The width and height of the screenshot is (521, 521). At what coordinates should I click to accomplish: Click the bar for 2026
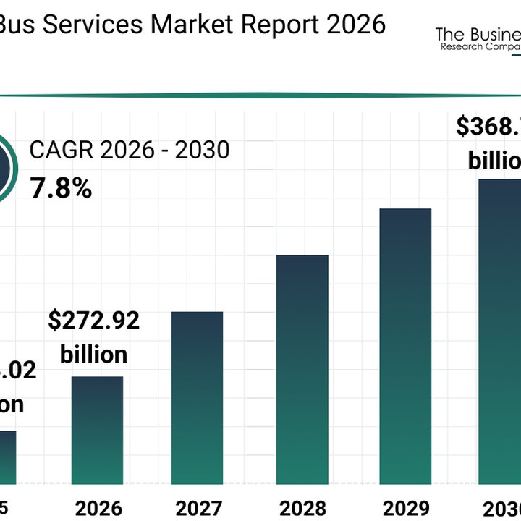click(x=96, y=430)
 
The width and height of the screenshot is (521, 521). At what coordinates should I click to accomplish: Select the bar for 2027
click(x=196, y=397)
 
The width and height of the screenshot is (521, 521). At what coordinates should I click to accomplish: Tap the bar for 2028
click(x=302, y=369)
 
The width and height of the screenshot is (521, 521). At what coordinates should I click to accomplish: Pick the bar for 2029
click(x=405, y=346)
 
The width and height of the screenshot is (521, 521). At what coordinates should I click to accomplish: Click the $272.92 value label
click(x=93, y=321)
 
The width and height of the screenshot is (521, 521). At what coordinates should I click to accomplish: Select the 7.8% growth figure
click(x=61, y=189)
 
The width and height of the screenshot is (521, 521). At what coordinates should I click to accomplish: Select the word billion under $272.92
click(x=93, y=355)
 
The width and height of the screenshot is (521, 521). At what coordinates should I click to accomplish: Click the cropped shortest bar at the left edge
click(x=7, y=457)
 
